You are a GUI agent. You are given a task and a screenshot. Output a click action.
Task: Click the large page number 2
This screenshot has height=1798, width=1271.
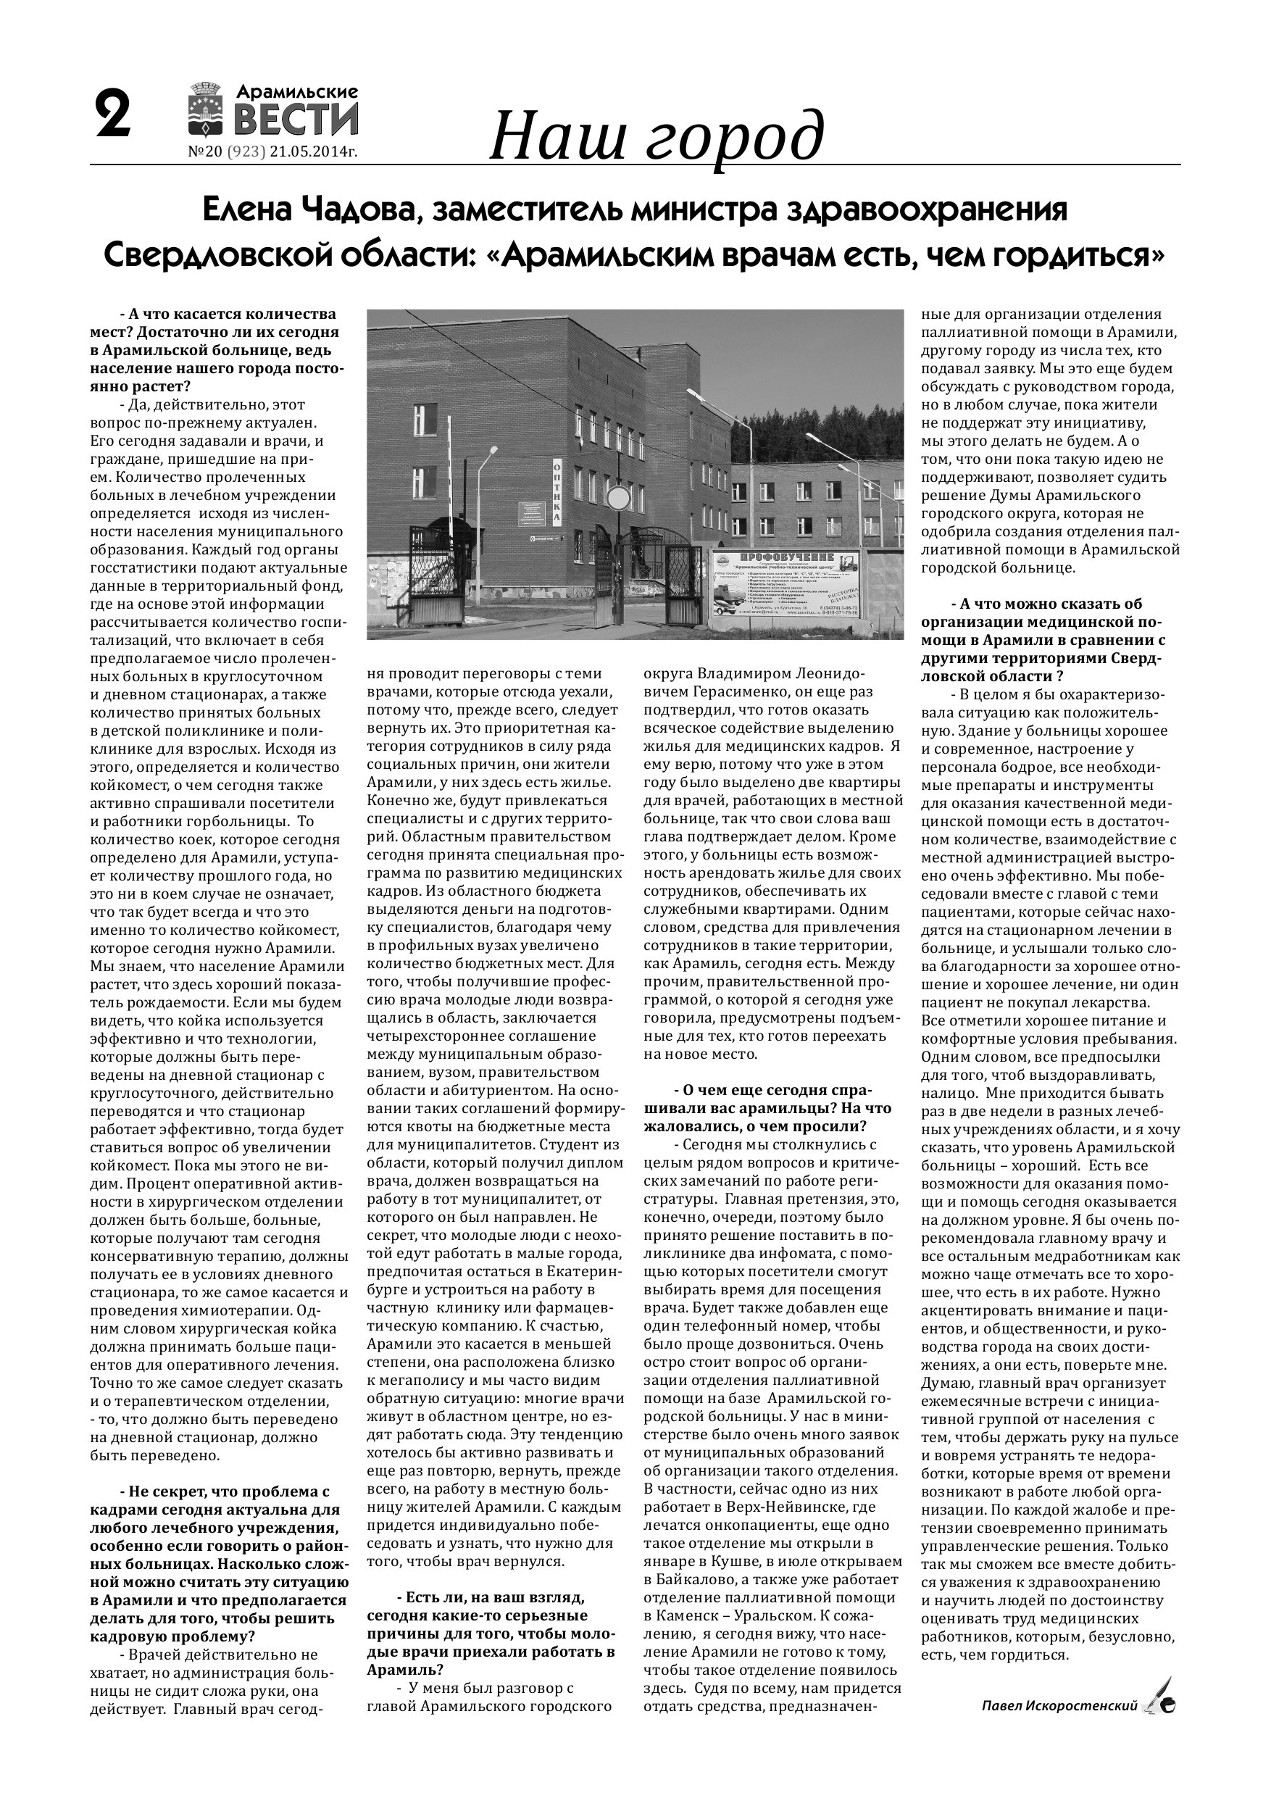113,115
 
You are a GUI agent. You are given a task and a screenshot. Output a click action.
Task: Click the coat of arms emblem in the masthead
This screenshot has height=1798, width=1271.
208,109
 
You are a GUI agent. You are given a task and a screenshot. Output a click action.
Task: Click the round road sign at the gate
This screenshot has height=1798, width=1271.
619,498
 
